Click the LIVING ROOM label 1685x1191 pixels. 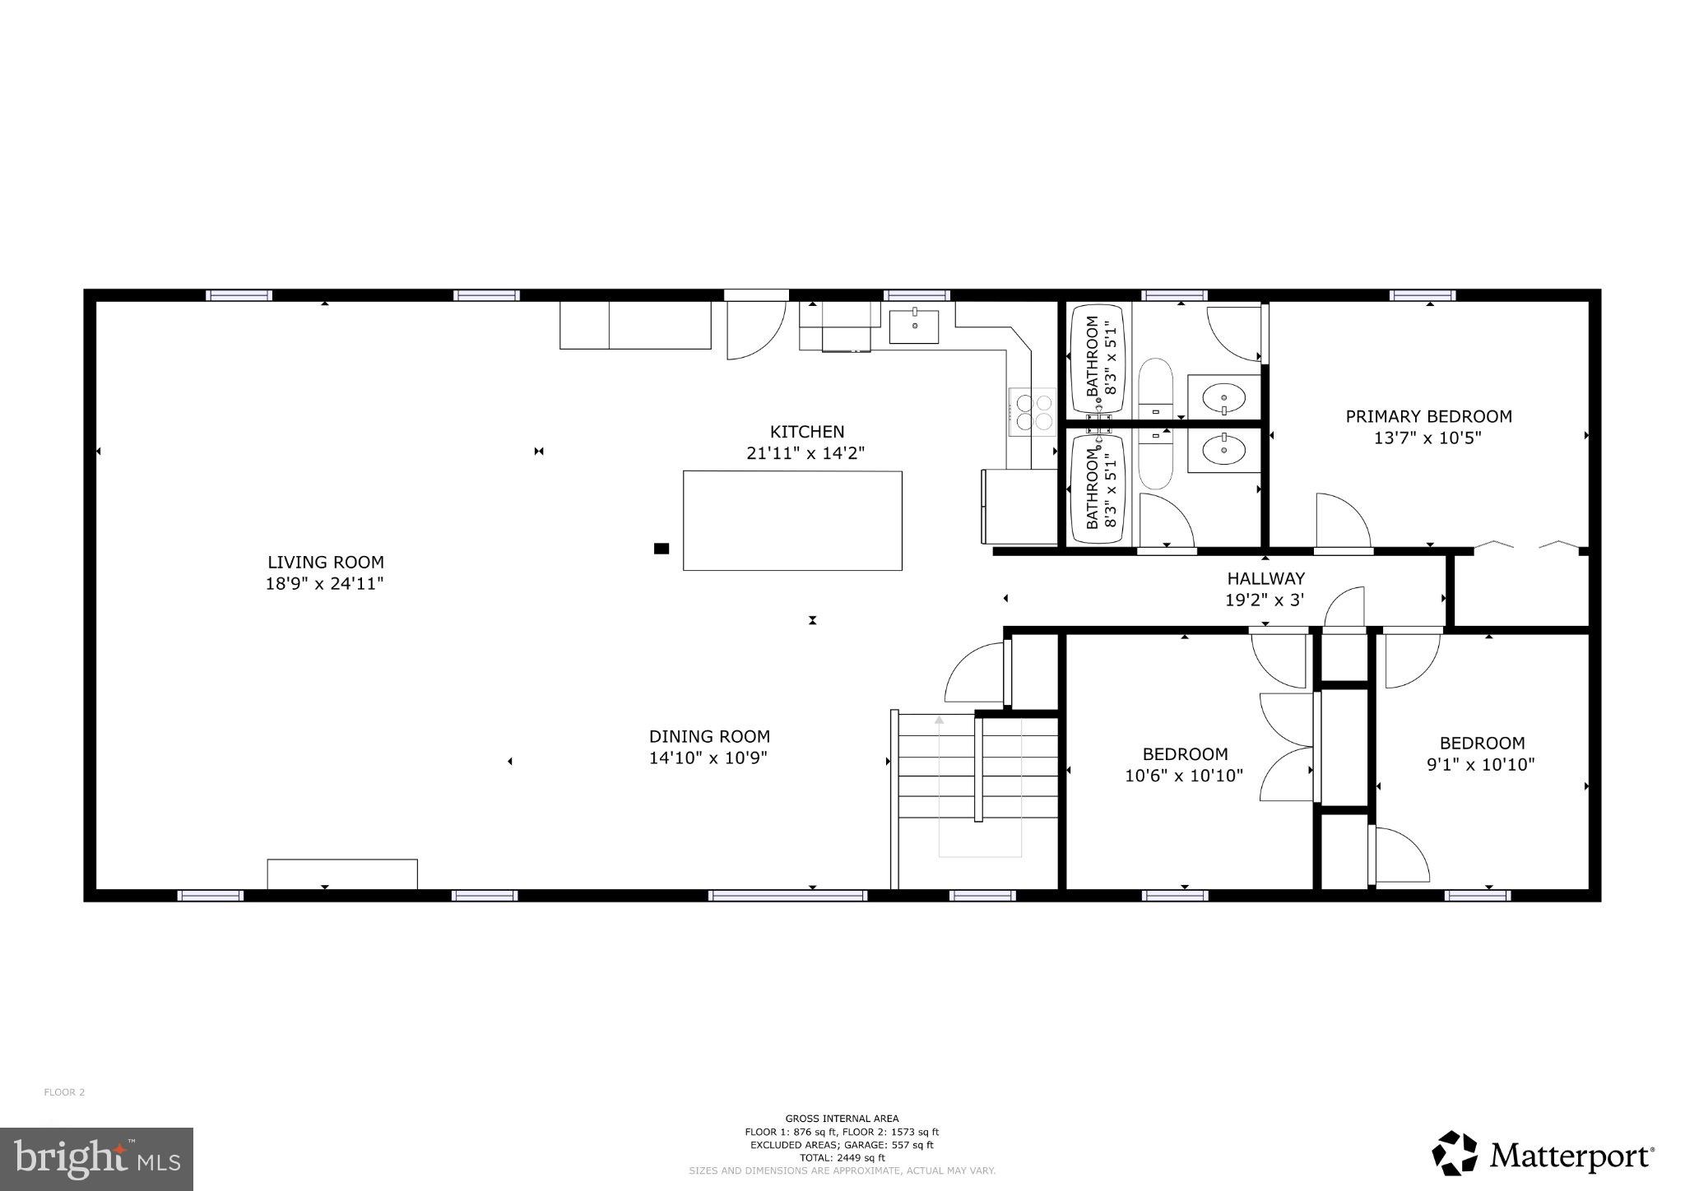coord(326,563)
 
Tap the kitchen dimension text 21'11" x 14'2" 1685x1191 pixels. coord(805,453)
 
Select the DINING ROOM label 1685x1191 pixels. coord(709,737)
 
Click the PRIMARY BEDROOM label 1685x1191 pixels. coord(1428,417)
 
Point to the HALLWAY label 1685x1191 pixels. coord(1265,579)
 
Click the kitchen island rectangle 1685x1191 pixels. coord(792,521)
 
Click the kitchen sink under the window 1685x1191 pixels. coord(914,327)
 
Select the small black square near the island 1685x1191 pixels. coord(661,549)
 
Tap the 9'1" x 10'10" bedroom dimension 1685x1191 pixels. coord(1480,765)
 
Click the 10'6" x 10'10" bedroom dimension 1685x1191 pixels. coord(1183,776)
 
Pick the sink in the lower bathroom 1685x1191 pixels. coord(1223,449)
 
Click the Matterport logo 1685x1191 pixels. coord(1543,1155)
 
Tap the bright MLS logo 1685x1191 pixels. coord(96,1159)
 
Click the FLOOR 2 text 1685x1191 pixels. coord(64,1092)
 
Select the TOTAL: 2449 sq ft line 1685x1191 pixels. coord(842,1157)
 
